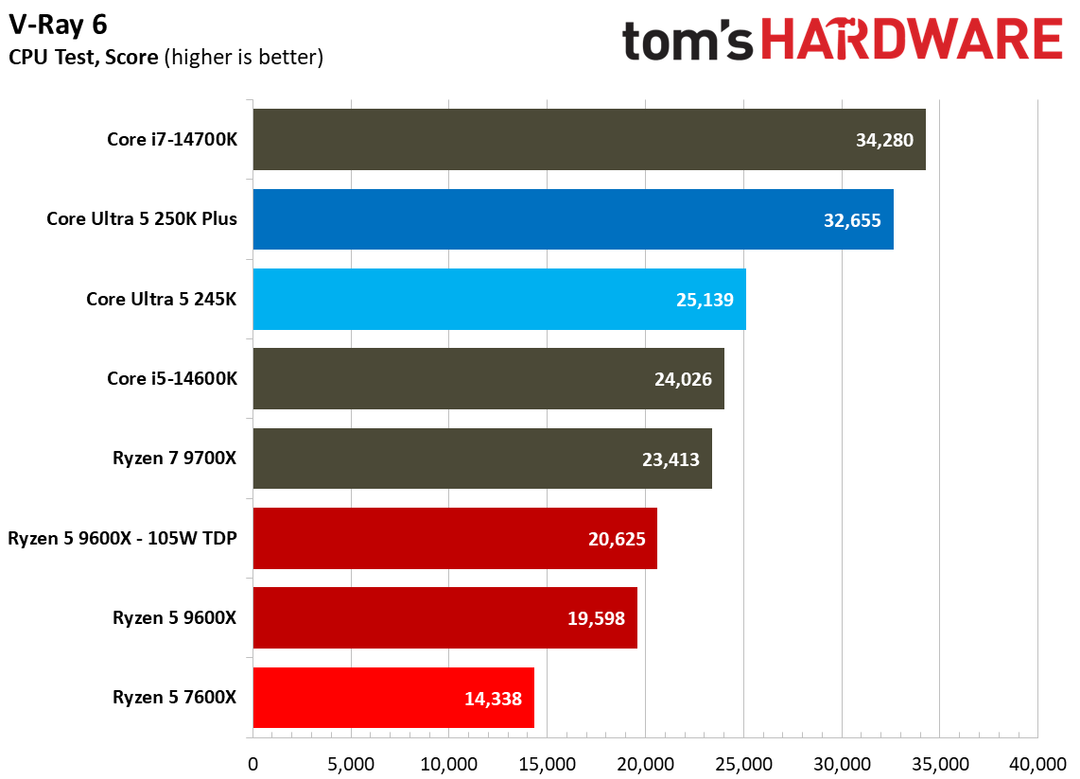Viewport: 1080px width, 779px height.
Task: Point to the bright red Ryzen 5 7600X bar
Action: click(x=392, y=698)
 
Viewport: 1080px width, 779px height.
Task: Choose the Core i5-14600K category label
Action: click(x=172, y=379)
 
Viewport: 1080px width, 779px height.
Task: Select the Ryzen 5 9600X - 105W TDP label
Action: click(x=122, y=539)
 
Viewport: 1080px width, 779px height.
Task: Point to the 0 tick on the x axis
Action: click(x=253, y=763)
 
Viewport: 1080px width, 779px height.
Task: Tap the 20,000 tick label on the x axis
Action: click(x=645, y=763)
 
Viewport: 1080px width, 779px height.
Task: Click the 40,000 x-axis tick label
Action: click(x=1037, y=763)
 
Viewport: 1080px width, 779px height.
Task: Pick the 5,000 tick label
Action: click(x=351, y=763)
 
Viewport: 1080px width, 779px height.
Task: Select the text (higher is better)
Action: click(x=244, y=58)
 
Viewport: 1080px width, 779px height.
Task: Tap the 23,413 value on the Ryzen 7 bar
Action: click(x=670, y=459)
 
